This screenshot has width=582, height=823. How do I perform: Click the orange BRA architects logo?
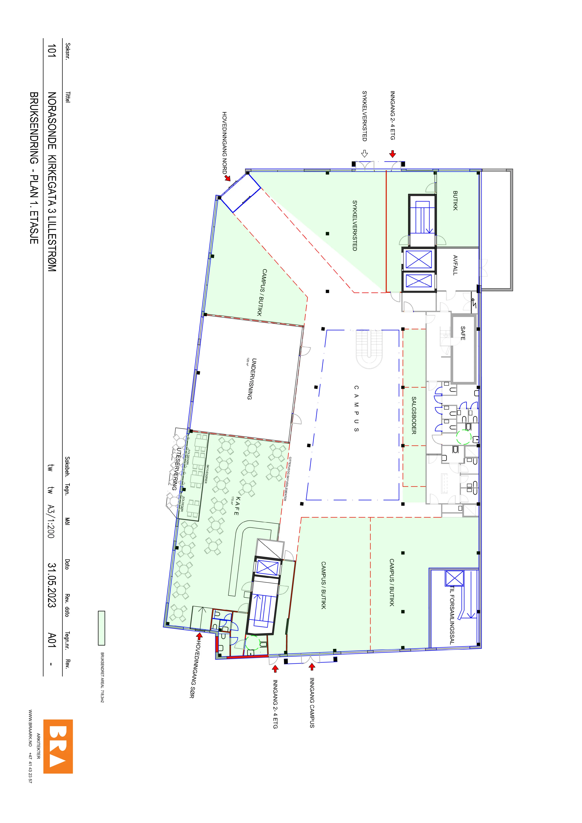tap(58, 746)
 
